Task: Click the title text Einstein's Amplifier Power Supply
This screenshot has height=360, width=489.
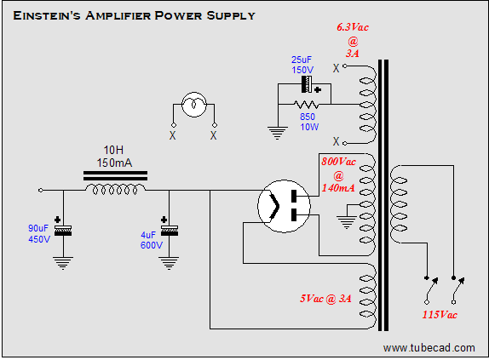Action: pos(134,15)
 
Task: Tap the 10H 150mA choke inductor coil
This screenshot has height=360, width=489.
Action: pos(115,189)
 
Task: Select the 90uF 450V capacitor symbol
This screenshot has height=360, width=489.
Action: pos(63,231)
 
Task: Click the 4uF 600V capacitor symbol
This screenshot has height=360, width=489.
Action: pos(170,231)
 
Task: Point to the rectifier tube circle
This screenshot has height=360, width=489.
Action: pos(284,206)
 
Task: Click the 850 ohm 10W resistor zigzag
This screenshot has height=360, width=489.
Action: pos(306,104)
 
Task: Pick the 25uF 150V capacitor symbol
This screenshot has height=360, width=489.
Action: pos(307,84)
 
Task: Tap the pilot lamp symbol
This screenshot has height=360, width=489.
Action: pos(194,105)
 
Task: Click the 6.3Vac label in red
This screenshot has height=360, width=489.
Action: pos(353,27)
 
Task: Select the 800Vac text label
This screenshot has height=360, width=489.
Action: pos(339,162)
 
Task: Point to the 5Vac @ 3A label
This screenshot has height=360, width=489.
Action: pos(325,299)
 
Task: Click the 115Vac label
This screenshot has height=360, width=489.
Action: pos(440,315)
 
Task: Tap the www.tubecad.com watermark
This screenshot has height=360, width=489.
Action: pos(429,348)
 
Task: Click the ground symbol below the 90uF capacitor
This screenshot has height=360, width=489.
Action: pos(63,263)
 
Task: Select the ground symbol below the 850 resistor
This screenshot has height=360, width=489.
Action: pos(277,133)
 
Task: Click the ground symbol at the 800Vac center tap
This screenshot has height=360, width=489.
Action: pos(347,223)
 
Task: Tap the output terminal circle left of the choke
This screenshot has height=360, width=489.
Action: pos(41,190)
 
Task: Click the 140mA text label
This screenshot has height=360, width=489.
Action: pos(338,188)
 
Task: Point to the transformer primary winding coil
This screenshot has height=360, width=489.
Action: pos(399,204)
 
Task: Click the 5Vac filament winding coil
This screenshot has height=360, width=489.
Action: pos(368,296)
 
